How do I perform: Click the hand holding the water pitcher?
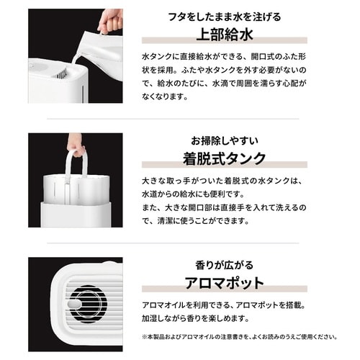[x=109, y=19]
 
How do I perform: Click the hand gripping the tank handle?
[x=76, y=143]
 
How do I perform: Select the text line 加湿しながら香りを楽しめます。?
[x=208, y=318]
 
